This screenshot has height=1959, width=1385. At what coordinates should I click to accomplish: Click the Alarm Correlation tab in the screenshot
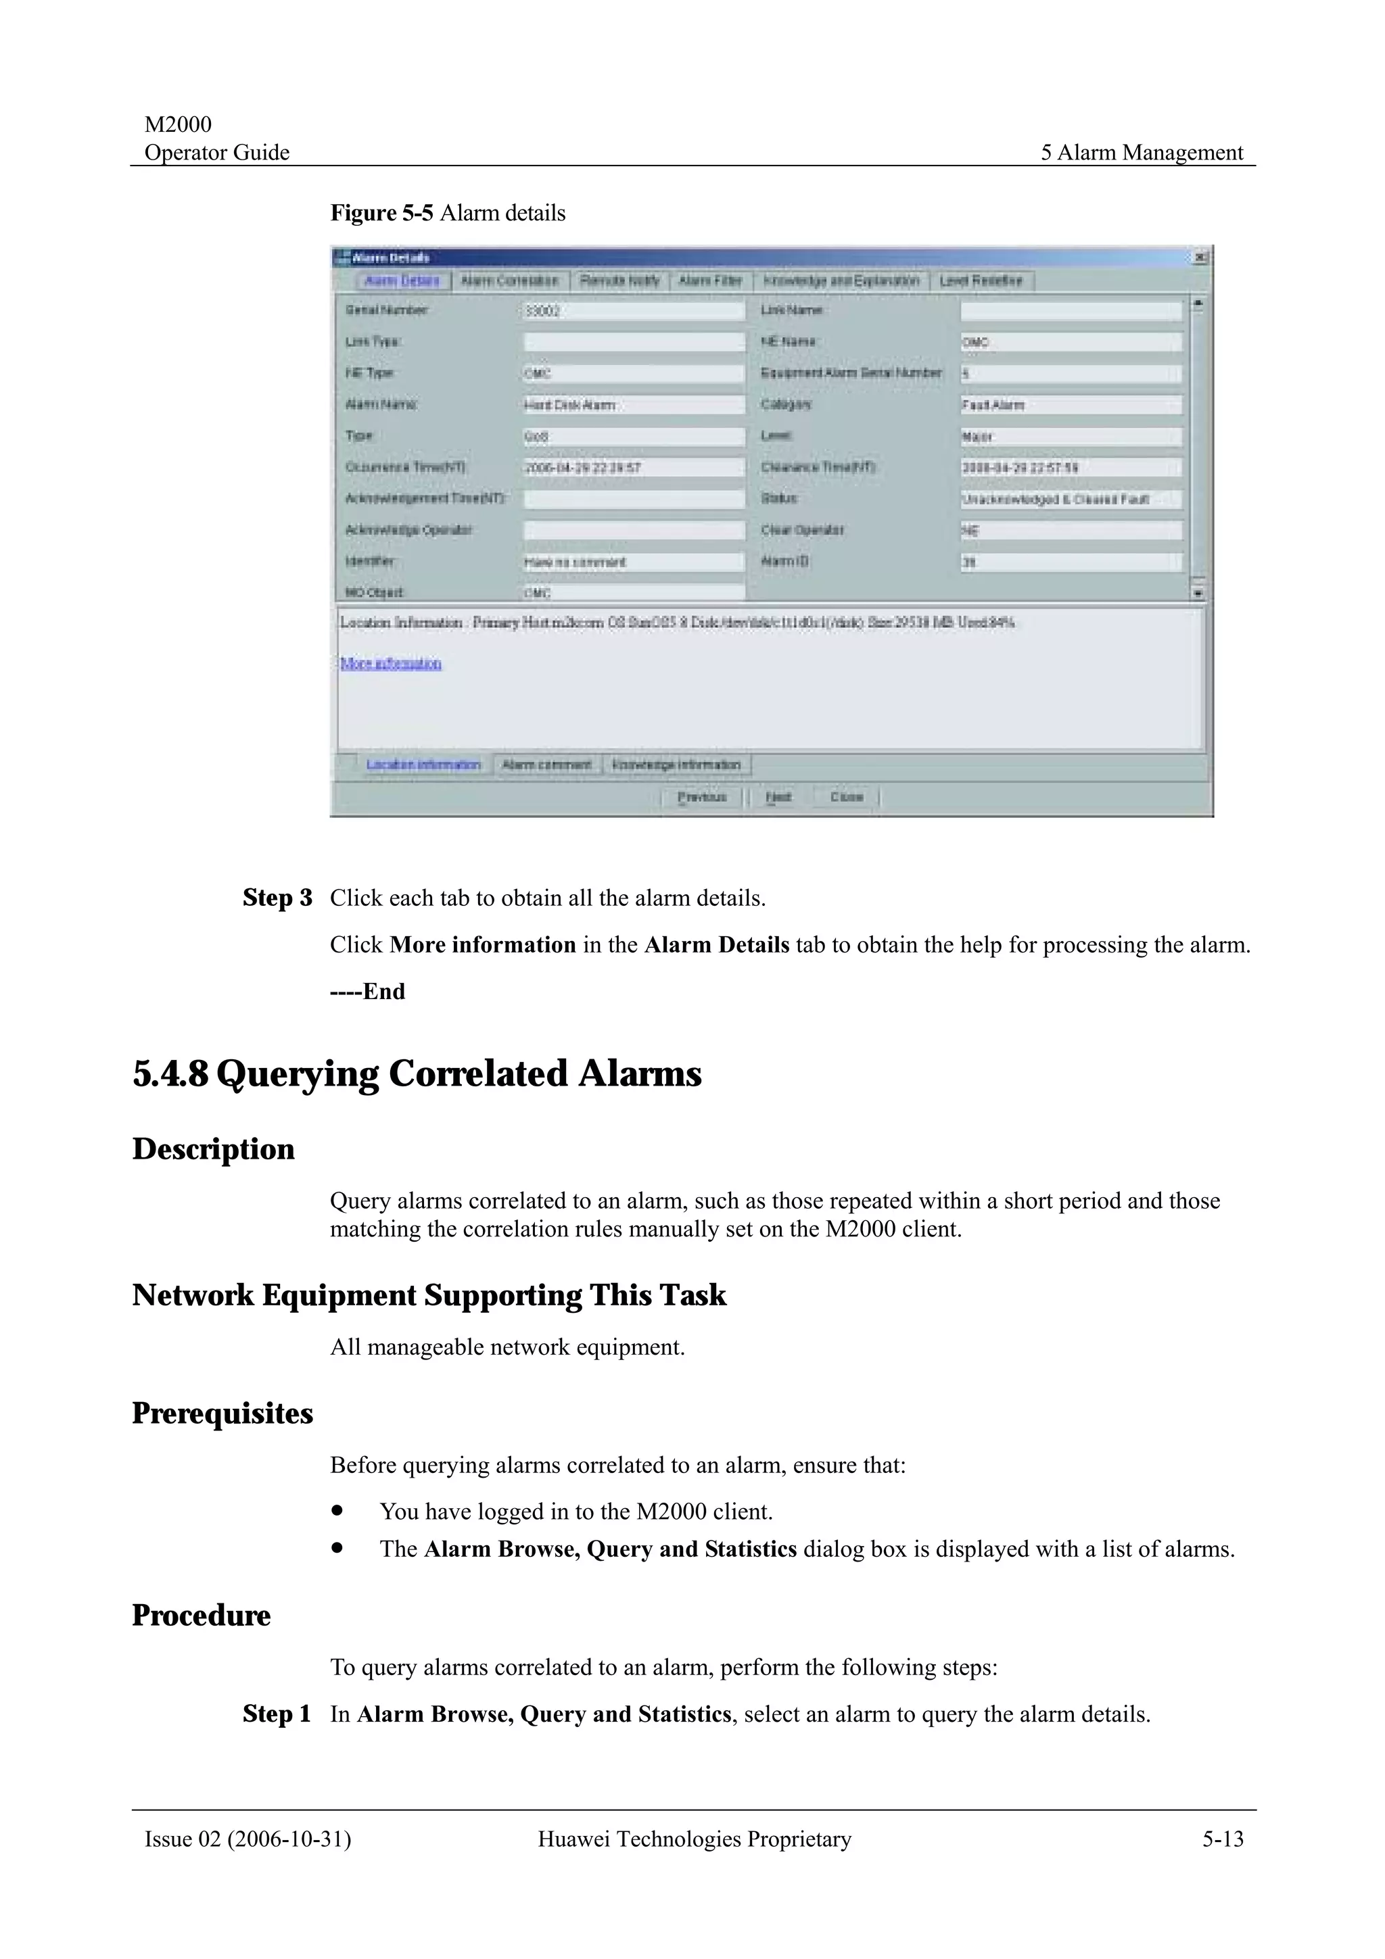[509, 281]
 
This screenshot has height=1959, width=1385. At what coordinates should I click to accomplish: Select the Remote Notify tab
[619, 281]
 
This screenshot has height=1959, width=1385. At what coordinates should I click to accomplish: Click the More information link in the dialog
[391, 663]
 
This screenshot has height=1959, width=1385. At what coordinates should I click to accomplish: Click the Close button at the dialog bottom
[847, 797]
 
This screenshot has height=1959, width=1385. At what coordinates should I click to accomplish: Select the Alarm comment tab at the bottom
[546, 765]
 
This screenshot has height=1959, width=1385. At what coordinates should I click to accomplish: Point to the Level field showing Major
[1071, 437]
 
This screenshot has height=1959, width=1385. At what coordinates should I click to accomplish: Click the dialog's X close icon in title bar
[1199, 258]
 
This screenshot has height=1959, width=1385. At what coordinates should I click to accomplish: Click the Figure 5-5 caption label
[447, 212]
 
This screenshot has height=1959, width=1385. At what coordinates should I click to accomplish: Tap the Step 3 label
[277, 898]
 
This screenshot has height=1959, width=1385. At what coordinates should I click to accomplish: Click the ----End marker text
[368, 992]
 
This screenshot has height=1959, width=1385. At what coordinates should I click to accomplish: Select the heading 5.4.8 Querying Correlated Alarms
[417, 1073]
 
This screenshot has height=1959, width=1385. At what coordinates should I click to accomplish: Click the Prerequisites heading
[222, 1413]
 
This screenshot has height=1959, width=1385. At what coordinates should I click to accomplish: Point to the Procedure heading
[201, 1615]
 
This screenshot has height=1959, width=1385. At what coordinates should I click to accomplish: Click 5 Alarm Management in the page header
[1141, 153]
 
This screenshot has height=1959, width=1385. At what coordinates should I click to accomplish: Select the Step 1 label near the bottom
[277, 1714]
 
